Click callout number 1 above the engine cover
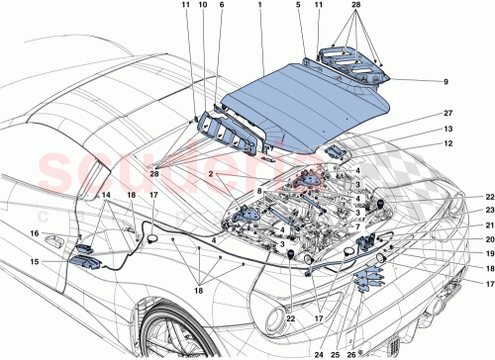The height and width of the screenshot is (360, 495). (x=259, y=7)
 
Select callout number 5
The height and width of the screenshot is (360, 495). (x=297, y=7)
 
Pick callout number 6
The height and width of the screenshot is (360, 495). (x=221, y=7)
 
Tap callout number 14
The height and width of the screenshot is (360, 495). (x=78, y=197)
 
